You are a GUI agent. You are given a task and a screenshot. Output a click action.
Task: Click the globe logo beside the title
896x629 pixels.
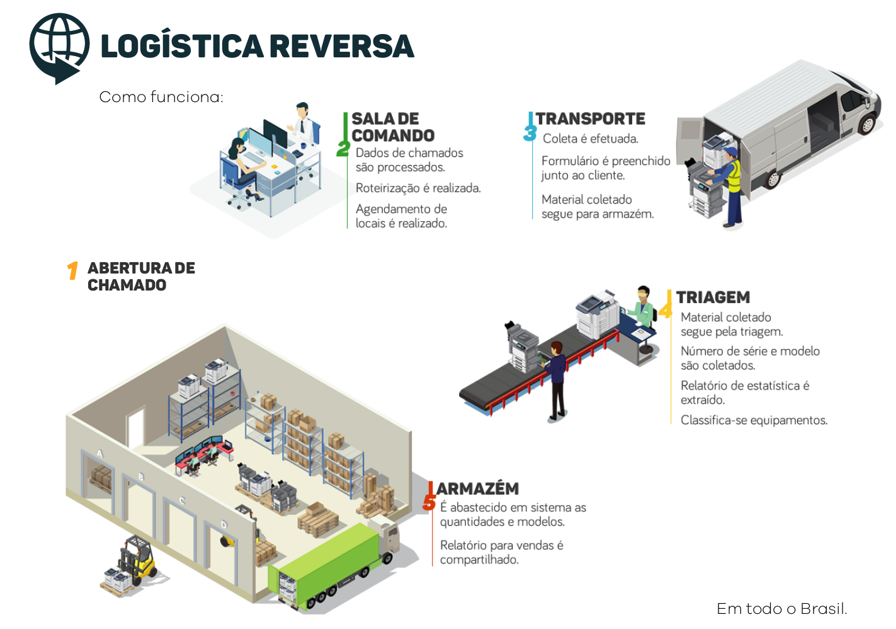click(59, 47)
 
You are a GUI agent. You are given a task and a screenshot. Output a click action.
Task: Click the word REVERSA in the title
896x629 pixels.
click(342, 47)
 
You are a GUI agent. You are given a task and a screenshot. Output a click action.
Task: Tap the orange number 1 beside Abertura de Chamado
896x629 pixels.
click(72, 270)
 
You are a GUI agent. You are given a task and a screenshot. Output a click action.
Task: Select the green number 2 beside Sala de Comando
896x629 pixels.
click(343, 148)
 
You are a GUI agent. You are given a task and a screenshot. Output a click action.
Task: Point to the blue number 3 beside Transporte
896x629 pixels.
click(530, 133)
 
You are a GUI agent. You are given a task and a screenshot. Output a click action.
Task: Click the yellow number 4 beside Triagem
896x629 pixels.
click(665, 309)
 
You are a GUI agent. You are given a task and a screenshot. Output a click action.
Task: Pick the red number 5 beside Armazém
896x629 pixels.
click(429, 502)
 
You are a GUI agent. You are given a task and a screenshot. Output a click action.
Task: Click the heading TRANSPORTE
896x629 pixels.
click(590, 118)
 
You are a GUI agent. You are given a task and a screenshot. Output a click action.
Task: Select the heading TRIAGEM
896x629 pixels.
click(713, 297)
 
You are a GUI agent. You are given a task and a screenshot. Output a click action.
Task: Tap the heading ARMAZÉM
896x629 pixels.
click(477, 488)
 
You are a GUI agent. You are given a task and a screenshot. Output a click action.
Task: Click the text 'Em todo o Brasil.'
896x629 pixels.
click(781, 609)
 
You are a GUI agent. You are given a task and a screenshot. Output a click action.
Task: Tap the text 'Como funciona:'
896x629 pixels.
click(161, 97)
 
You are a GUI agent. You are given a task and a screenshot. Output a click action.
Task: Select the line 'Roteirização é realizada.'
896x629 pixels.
click(418, 188)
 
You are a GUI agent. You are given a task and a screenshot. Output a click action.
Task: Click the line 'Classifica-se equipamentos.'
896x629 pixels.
click(754, 420)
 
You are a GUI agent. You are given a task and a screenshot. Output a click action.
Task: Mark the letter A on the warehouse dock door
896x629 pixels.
click(99, 454)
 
